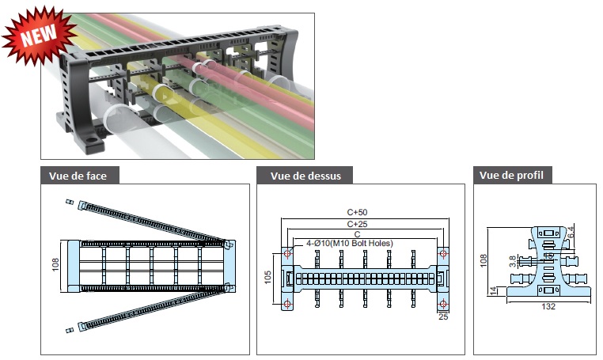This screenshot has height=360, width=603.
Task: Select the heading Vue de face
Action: click(78, 176)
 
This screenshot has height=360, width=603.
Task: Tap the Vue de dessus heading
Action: click(305, 176)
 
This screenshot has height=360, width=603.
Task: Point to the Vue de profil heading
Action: click(511, 176)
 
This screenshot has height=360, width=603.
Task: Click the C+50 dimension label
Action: click(357, 212)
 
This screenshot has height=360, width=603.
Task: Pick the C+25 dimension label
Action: click(357, 224)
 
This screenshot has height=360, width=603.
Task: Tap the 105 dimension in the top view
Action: click(268, 277)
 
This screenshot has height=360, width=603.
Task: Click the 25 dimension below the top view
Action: click(443, 316)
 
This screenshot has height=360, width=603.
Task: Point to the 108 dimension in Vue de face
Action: click(55, 264)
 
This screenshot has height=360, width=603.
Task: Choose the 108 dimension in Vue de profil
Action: click(484, 260)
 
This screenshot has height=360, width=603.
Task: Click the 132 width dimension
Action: click(548, 306)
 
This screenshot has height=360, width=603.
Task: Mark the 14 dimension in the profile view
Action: click(493, 291)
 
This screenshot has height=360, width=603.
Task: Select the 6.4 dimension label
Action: click(571, 233)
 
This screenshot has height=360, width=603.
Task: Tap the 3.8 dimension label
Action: click(513, 262)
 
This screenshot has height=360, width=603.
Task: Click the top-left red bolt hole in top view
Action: click(287, 253)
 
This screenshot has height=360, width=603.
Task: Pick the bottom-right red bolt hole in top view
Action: click(443, 304)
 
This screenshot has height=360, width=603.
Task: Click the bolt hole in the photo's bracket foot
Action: click(91, 139)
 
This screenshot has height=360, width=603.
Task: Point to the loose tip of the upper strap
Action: click(69, 202)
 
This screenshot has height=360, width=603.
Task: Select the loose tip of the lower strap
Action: click(69, 331)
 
